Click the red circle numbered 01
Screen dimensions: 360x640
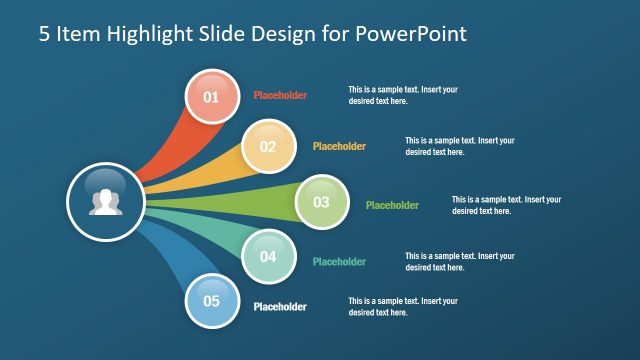tap(211, 97)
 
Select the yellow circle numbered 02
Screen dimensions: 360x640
tap(268, 146)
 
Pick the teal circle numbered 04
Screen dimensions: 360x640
tap(268, 256)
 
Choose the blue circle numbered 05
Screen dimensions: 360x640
tap(211, 300)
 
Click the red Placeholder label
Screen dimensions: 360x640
tap(280, 96)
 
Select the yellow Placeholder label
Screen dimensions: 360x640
tap(339, 146)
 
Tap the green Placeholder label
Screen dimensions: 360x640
tap(392, 206)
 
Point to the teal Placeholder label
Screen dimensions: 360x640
tap(339, 262)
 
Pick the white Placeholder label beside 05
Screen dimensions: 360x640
tap(280, 307)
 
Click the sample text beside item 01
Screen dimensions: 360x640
tap(403, 95)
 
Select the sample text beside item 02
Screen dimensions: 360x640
tap(460, 146)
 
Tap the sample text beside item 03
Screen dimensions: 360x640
tap(506, 205)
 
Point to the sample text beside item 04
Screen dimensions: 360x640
tap(460, 262)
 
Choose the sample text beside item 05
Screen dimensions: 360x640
tap(403, 306)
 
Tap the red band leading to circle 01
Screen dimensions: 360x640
tap(165, 150)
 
